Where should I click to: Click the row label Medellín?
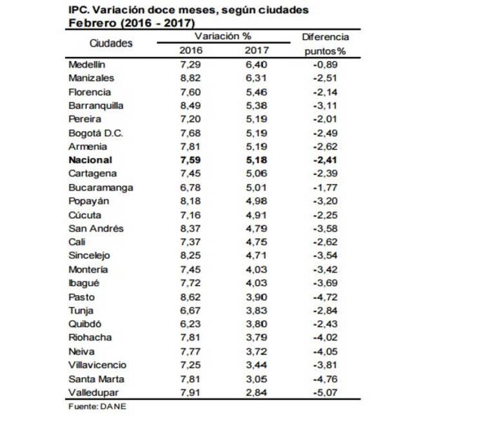pyautogui.click(x=86, y=65)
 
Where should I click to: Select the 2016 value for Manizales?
pyautogui.click(x=191, y=78)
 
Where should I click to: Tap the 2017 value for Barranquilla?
pyautogui.click(x=257, y=105)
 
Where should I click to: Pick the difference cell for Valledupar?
pyautogui.click(x=325, y=393)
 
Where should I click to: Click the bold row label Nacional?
pyautogui.click(x=90, y=159)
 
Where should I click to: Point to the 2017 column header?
pyautogui.click(x=257, y=50)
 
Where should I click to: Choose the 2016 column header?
pyautogui.click(x=191, y=50)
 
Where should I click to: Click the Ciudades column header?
pyautogui.click(x=111, y=43)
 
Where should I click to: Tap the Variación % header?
pyautogui.click(x=222, y=36)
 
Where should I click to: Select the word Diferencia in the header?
pyautogui.click(x=325, y=37)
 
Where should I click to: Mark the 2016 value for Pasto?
pyautogui.click(x=191, y=296)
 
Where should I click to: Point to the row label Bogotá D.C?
pyautogui.click(x=95, y=132)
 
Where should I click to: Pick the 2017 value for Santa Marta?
pyautogui.click(x=257, y=379)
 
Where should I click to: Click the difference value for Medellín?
pyautogui.click(x=325, y=65)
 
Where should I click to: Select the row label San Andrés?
pyautogui.click(x=95, y=228)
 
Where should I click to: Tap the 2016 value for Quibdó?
pyautogui.click(x=191, y=324)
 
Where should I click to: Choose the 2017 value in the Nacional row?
pyautogui.click(x=257, y=159)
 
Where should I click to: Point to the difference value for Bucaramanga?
pyautogui.click(x=325, y=187)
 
